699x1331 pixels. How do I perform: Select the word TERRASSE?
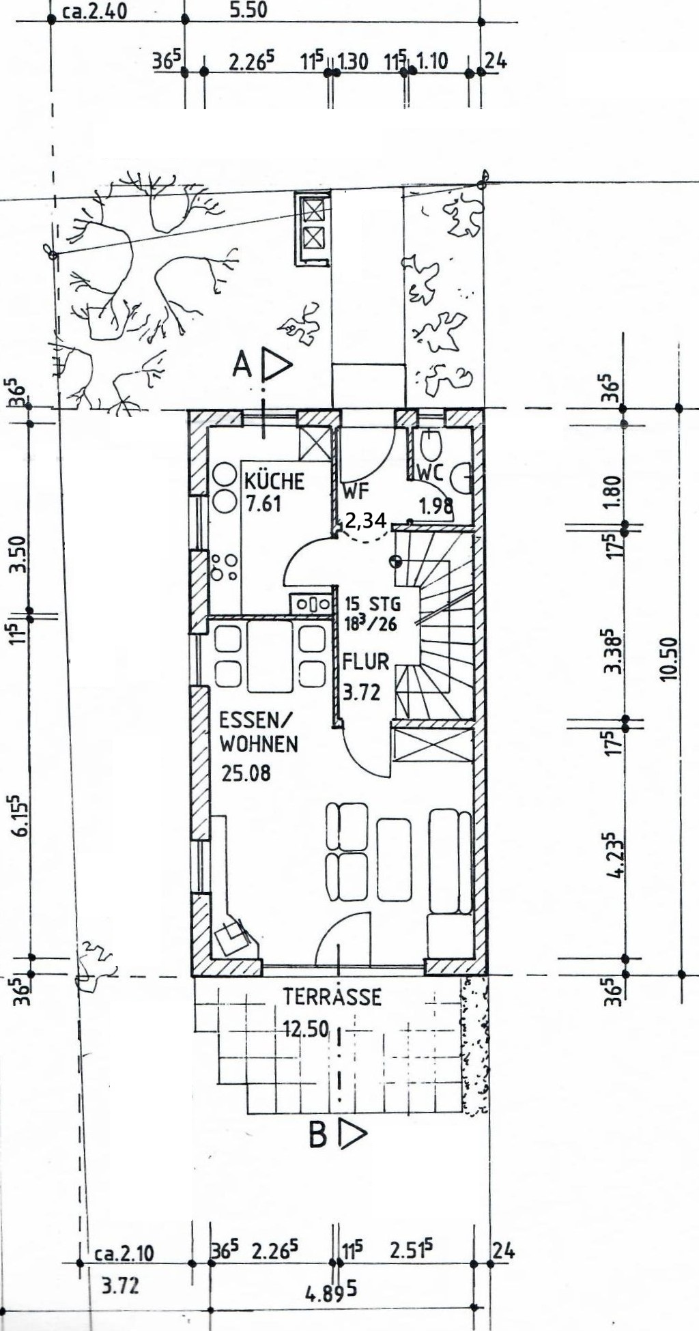(x=332, y=997)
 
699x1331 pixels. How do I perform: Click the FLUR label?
(x=366, y=661)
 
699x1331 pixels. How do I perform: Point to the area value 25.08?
(x=246, y=773)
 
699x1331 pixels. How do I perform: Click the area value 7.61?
(x=263, y=505)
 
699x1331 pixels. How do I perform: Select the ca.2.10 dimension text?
(x=124, y=1253)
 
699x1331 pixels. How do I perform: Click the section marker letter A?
(x=242, y=366)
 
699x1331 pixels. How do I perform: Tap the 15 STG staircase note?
(x=373, y=604)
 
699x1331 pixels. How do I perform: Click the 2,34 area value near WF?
(x=366, y=521)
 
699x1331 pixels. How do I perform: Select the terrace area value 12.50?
(x=306, y=1028)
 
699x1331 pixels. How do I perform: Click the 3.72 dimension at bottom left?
(x=120, y=1286)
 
